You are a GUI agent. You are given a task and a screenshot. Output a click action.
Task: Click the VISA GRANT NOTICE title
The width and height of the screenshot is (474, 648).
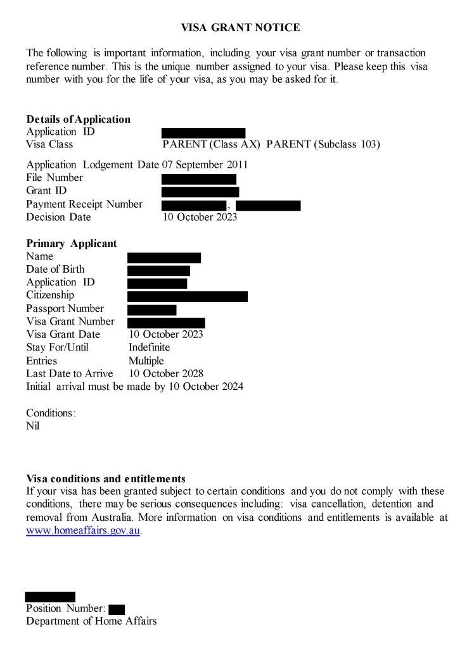pyautogui.click(x=240, y=27)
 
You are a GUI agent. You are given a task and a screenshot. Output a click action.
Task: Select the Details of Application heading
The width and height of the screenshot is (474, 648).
pyautogui.click(x=78, y=119)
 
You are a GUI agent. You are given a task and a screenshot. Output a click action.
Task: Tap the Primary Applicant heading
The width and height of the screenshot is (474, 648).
pyautogui.click(x=71, y=244)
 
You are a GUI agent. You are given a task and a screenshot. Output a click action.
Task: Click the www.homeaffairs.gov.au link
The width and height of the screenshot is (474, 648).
pyautogui.click(x=82, y=531)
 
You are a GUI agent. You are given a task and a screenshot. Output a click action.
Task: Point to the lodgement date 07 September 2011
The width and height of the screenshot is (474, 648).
pyautogui.click(x=205, y=165)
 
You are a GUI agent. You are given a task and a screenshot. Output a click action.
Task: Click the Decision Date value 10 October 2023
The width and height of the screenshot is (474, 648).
pyautogui.click(x=200, y=217)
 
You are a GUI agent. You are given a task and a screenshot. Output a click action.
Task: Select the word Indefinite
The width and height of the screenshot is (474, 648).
pyautogui.click(x=149, y=347)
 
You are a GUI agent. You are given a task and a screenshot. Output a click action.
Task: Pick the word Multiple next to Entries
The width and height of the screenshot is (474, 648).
pyautogui.click(x=146, y=361)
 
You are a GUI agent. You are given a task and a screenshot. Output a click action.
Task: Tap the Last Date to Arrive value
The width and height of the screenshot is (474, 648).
pyautogui.click(x=165, y=373)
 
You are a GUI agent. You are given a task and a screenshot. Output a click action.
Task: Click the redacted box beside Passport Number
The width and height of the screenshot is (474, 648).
pyautogui.click(x=151, y=309)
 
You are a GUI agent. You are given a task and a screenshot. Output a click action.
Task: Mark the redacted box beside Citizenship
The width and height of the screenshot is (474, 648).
pyautogui.click(x=187, y=296)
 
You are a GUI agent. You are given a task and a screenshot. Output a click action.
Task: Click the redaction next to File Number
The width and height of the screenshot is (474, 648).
pyautogui.click(x=198, y=179)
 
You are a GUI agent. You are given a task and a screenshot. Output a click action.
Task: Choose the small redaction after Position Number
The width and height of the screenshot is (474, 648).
pyautogui.click(x=117, y=609)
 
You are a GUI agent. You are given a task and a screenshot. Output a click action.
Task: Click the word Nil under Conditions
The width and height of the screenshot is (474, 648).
pyautogui.click(x=32, y=426)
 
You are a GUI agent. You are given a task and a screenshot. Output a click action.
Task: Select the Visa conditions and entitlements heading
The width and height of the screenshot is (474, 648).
pyautogui.click(x=106, y=478)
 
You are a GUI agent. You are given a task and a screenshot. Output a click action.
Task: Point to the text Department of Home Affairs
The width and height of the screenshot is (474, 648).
pyautogui.click(x=91, y=621)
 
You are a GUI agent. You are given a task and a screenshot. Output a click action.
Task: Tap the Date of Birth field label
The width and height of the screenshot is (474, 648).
pyautogui.click(x=55, y=270)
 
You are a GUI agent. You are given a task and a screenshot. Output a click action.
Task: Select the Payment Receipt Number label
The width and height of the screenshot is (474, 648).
pyautogui.click(x=84, y=204)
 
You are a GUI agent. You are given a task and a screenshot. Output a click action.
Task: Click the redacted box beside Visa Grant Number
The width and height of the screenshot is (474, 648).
pyautogui.click(x=166, y=323)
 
